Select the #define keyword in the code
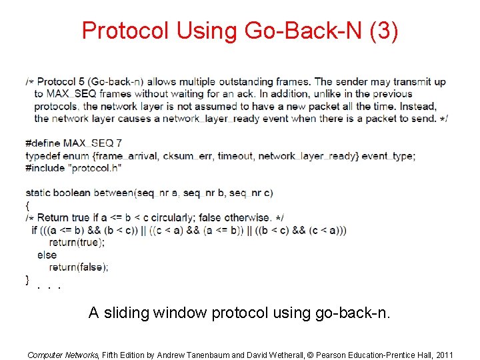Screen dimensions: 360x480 [x=43, y=143]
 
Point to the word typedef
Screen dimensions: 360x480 [x=43, y=156]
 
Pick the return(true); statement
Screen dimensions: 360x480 [x=77, y=243]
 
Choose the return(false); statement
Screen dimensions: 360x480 [x=78, y=267]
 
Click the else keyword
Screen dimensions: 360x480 [x=47, y=255]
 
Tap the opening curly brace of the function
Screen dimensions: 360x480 [x=27, y=205]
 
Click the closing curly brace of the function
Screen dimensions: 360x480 [x=27, y=279]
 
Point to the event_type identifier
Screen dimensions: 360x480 [x=391, y=156]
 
